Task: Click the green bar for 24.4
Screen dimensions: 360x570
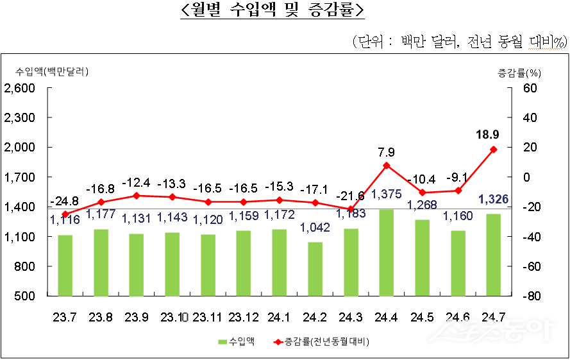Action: pyautogui.click(x=387, y=253)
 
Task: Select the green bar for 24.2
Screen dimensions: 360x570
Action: pyautogui.click(x=315, y=269)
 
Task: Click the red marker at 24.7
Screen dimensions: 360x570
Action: pyautogui.click(x=493, y=150)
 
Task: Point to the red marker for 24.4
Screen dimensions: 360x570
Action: pyautogui.click(x=387, y=166)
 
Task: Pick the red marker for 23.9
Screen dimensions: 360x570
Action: pyautogui.click(x=137, y=196)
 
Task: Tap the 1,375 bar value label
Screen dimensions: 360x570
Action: pyautogui.click(x=387, y=193)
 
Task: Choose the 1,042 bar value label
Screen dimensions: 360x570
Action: pyautogui.click(x=315, y=227)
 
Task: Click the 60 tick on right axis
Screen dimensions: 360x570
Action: pyautogui.click(x=529, y=88)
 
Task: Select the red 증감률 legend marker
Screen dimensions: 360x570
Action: pyautogui.click(x=276, y=342)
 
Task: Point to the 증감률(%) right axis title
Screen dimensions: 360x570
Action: pyautogui.click(x=519, y=71)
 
